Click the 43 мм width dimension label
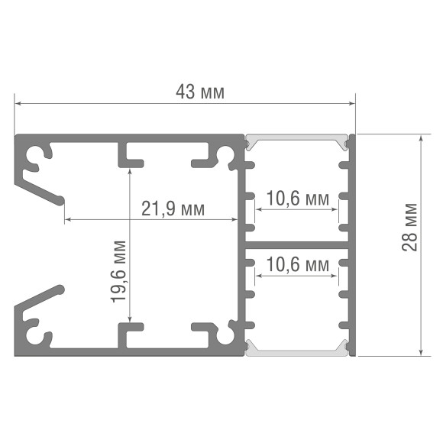tap(200, 92)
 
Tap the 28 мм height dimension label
tap(409, 227)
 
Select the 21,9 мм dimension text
tap(173, 209)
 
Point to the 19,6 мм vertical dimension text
tap(118, 271)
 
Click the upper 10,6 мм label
tap(298, 199)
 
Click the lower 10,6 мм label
tap(298, 265)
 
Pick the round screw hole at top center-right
tap(225, 154)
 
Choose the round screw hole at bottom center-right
tap(225, 335)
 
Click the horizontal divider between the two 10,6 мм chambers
tap(296, 245)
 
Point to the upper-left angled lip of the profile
tap(40, 189)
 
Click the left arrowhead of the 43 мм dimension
tap(18, 104)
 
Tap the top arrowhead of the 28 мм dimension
tap(422, 138)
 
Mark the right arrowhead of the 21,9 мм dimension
tap(234, 219)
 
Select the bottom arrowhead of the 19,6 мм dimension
tap(130, 319)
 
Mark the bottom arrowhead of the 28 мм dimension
tap(422, 352)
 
